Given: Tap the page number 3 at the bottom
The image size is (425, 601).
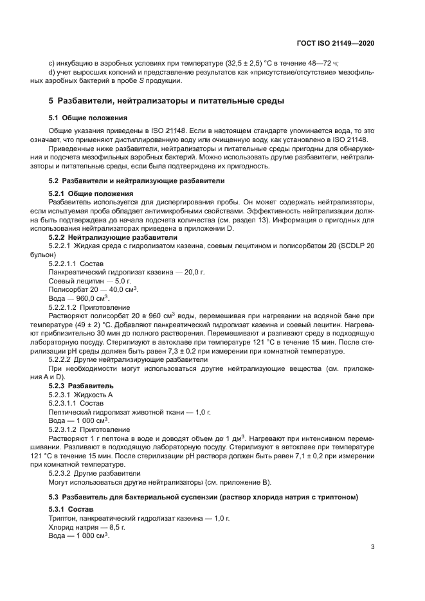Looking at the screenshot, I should [373, 548].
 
